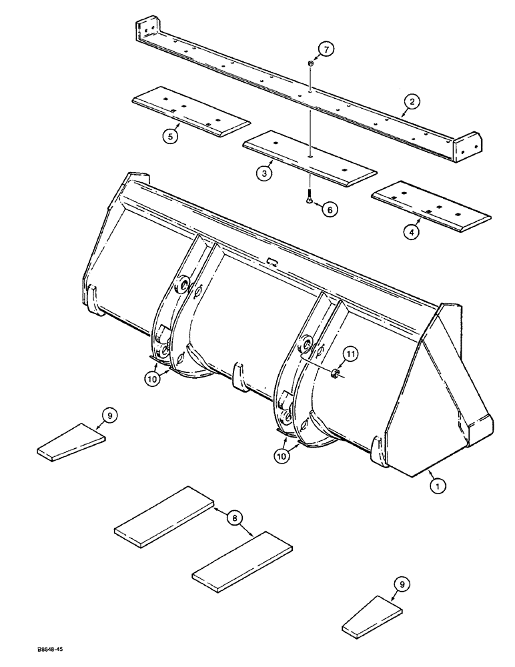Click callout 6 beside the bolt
329,209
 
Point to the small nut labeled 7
311,63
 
